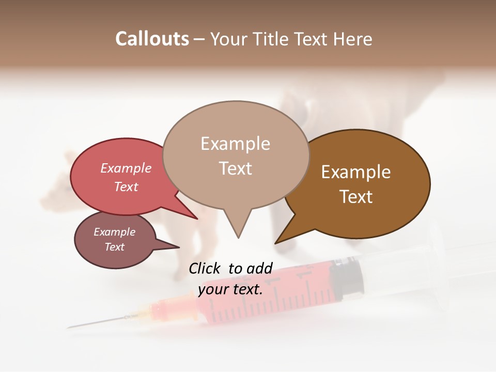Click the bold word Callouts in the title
point(152,39)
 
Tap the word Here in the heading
point(352,39)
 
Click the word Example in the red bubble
point(126,168)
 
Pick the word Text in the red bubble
point(126,187)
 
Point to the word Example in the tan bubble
point(235,144)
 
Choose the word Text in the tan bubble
point(235,168)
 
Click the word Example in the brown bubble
point(356,172)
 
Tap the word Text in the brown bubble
point(356,197)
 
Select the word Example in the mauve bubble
point(114,232)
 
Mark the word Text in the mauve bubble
point(114,247)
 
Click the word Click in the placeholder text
point(205,268)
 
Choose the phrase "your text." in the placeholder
point(230,289)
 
